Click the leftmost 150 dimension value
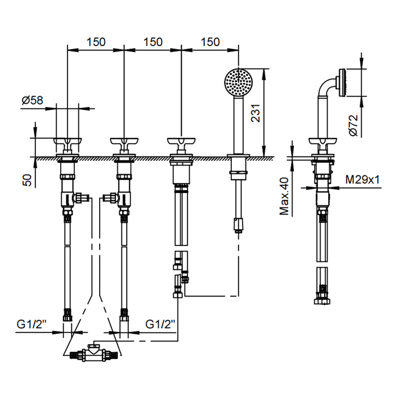tap(96, 42)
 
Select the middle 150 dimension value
tap(153, 42)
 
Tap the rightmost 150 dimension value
tap(210, 42)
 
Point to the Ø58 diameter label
tap(33, 100)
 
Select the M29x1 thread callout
tap(362, 180)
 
